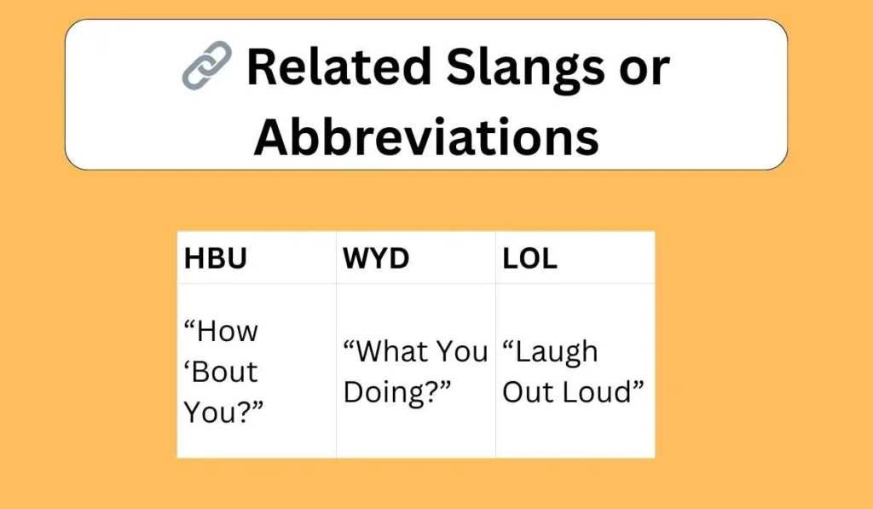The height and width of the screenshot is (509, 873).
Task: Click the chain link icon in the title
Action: [x=206, y=67]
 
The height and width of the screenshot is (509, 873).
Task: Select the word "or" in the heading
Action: [x=645, y=68]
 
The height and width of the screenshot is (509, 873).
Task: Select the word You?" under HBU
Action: [x=224, y=413]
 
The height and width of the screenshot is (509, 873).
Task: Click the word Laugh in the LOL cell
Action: [x=551, y=351]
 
